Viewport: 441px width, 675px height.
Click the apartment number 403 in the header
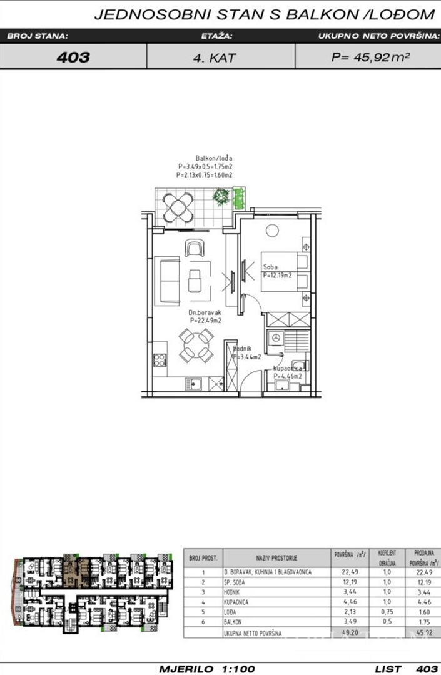click(73, 57)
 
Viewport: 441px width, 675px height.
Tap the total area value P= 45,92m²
click(370, 57)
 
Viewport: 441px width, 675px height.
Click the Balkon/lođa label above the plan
click(209, 159)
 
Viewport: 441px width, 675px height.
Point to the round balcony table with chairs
click(178, 206)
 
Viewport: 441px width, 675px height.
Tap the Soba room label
click(270, 267)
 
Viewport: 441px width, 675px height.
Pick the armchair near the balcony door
click(193, 248)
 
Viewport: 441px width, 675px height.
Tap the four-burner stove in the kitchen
click(160, 360)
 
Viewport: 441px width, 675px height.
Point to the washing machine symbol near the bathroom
click(273, 338)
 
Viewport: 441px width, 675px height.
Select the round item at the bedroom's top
click(271, 231)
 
